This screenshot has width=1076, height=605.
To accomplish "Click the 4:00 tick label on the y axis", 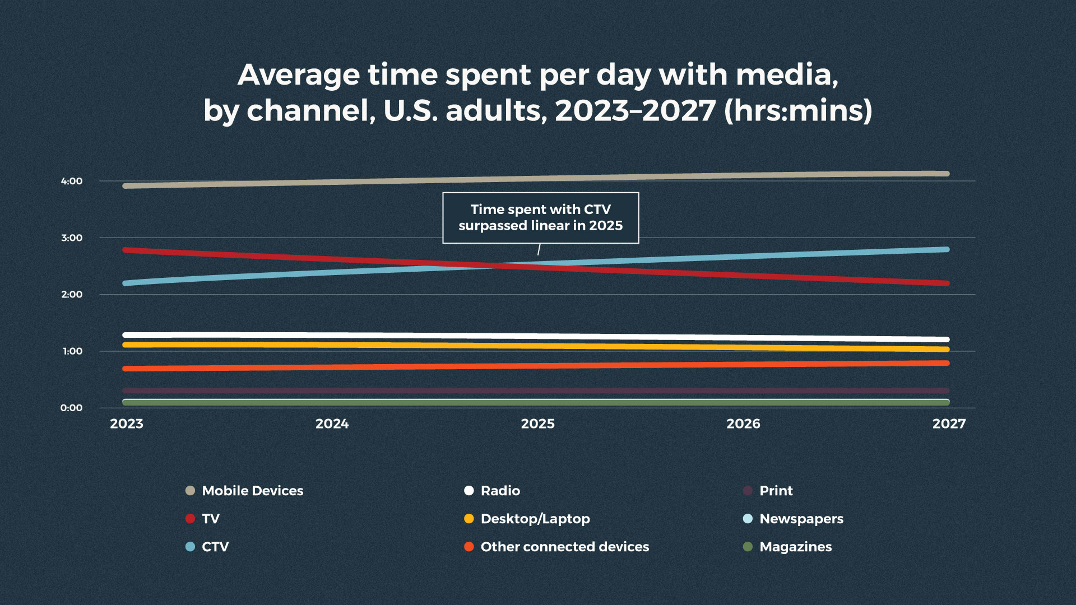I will click(x=72, y=181).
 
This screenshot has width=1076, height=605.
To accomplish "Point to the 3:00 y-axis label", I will click(x=72, y=238).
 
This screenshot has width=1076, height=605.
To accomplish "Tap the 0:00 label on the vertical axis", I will click(x=71, y=408).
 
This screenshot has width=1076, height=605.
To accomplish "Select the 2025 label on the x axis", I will click(x=537, y=424).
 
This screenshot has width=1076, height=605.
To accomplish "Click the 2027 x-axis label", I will click(x=949, y=424).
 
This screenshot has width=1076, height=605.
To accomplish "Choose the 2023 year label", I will click(x=127, y=424).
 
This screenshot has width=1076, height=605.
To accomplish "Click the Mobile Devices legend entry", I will click(x=252, y=491).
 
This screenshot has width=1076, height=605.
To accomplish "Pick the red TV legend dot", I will click(x=190, y=519).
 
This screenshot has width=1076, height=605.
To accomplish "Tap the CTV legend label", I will click(x=215, y=547).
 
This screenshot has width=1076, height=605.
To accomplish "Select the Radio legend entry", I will click(x=500, y=491).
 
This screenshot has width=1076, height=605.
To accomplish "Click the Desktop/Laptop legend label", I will click(x=535, y=519).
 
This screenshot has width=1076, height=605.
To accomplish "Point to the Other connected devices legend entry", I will click(x=564, y=547).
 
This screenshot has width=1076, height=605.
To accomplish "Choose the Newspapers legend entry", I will click(x=801, y=519).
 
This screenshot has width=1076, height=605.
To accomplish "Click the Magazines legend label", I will click(x=795, y=547).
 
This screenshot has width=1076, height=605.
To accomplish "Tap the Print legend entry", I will click(x=776, y=491).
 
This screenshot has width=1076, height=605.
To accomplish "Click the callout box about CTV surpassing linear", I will click(x=540, y=217).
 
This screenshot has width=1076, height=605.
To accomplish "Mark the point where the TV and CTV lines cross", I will click(x=496, y=266).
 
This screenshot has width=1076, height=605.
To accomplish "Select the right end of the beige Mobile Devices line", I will click(x=947, y=174).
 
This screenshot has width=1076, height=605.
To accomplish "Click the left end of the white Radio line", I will click(x=126, y=335).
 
